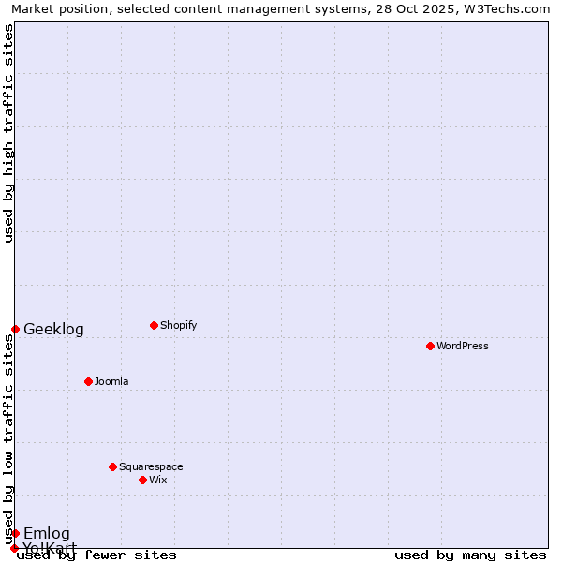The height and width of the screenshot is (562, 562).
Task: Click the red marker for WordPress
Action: click(x=430, y=346)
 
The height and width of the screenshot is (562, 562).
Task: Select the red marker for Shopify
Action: click(x=154, y=325)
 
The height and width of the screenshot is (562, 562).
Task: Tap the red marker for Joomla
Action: click(x=88, y=381)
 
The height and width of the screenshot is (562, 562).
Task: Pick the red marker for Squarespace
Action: click(x=112, y=466)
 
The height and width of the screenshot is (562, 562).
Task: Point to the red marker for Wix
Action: click(x=142, y=480)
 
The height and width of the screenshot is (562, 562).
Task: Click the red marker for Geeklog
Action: click(x=15, y=329)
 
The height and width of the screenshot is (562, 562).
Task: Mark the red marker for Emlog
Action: click(x=15, y=533)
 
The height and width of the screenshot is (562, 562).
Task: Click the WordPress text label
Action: click(x=463, y=346)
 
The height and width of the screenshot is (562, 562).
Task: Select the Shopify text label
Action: click(x=178, y=325)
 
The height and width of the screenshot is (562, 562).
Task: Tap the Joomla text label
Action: click(x=111, y=381)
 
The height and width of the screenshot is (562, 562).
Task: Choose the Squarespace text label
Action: click(x=151, y=466)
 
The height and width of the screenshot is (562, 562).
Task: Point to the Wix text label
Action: click(x=157, y=480)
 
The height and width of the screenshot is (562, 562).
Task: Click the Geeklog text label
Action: click(x=53, y=329)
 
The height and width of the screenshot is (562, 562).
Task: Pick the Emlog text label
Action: click(x=47, y=533)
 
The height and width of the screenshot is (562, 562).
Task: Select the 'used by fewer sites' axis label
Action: click(x=96, y=555)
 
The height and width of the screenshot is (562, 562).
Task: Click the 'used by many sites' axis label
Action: click(x=470, y=555)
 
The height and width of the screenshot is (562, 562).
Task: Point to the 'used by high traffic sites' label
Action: click(x=8, y=133)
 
